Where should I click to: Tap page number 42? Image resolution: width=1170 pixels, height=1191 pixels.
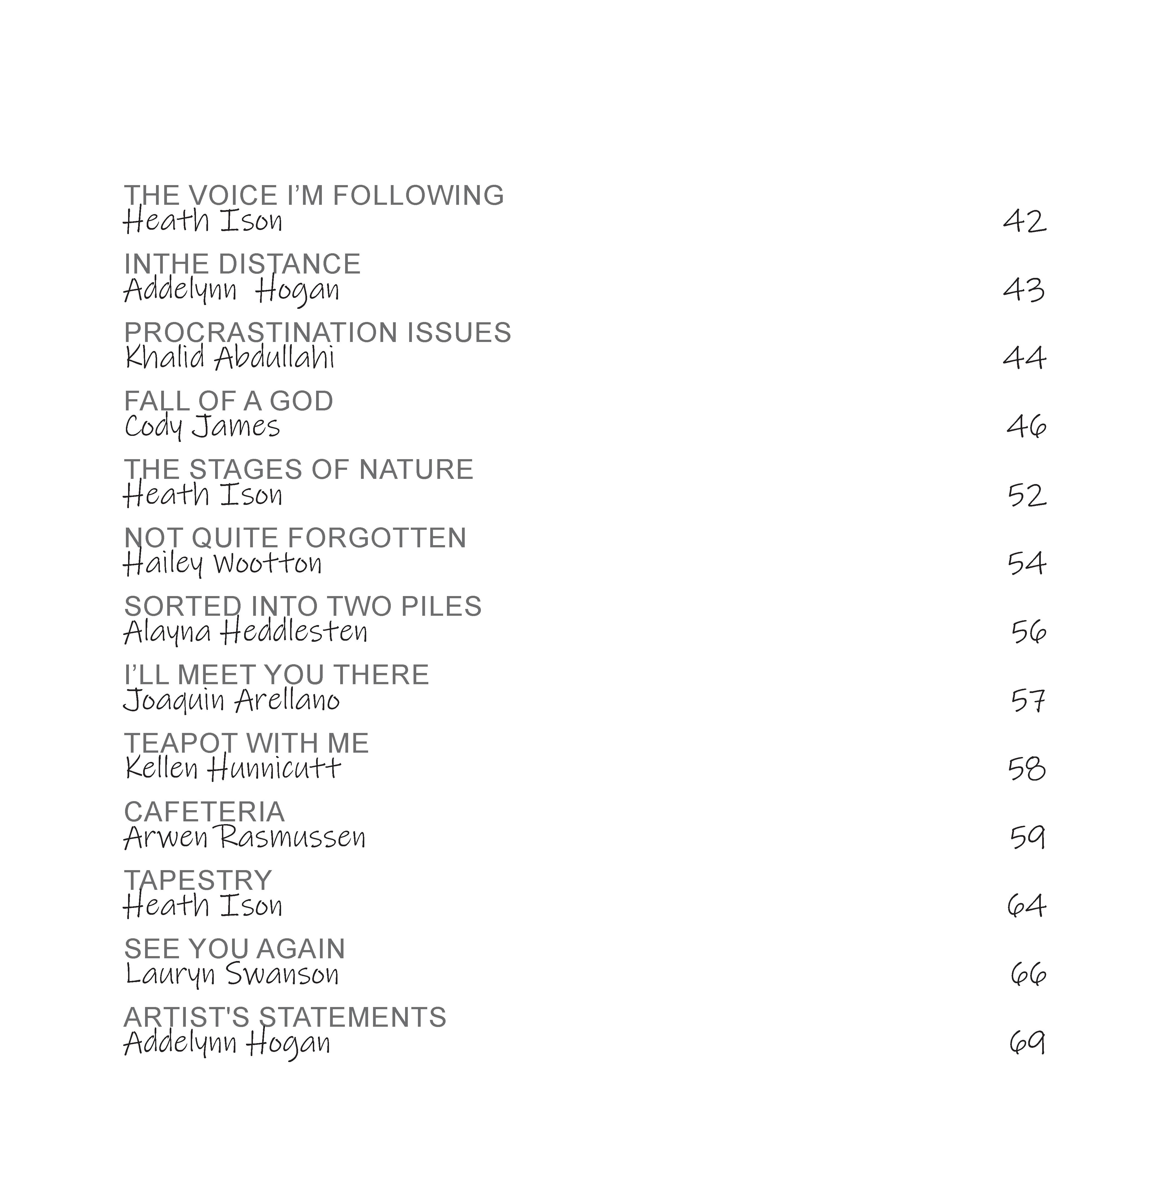click(1024, 221)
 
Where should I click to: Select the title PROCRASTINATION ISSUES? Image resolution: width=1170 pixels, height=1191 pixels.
click(317, 333)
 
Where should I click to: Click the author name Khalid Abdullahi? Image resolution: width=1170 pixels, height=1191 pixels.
click(230, 358)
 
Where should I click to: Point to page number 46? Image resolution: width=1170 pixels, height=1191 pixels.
click(1026, 426)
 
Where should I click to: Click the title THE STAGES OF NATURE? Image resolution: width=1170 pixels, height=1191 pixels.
click(299, 470)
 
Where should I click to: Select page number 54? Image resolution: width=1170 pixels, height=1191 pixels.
click(1026, 563)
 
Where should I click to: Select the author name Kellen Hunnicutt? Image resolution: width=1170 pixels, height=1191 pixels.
click(233, 769)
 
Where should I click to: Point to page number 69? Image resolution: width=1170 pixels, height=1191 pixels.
click(1027, 1043)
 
